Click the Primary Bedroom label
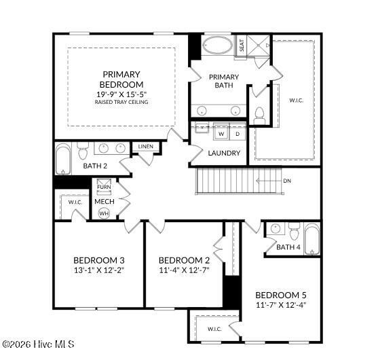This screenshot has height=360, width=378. [x=121, y=79]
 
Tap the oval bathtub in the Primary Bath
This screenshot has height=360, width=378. [x=218, y=46]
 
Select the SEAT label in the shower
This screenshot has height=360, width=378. [x=242, y=46]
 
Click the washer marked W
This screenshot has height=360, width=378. [x=221, y=133]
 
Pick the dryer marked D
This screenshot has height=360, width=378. [x=238, y=133]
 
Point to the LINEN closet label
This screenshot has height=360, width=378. [x=146, y=147]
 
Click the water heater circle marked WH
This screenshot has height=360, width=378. [x=104, y=213]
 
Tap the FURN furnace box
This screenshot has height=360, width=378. [x=104, y=187]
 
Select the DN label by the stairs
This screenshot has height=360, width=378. [x=287, y=181]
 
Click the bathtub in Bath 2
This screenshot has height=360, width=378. [x=63, y=159]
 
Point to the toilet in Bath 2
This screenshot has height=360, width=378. [x=83, y=151]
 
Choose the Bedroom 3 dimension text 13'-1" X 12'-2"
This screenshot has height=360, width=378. [x=99, y=270]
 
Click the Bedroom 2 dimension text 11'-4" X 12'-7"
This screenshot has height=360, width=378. [x=184, y=270]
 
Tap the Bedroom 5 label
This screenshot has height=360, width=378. [x=281, y=295]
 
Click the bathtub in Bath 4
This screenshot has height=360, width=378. [x=312, y=239]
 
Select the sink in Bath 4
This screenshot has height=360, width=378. [x=276, y=228]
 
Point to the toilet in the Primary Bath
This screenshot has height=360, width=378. [x=259, y=116]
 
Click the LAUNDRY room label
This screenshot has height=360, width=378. [x=224, y=153]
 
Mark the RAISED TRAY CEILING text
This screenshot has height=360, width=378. [x=121, y=102]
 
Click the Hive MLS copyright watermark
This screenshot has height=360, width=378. [x=38, y=344]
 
